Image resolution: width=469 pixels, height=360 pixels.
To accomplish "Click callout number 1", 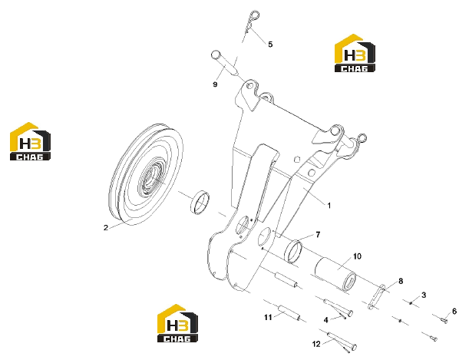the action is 329,206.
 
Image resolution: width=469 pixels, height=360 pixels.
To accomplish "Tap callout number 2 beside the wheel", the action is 106,227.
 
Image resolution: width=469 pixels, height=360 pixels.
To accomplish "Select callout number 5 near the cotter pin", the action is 270,45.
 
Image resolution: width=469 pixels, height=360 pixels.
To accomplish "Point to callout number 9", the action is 215,84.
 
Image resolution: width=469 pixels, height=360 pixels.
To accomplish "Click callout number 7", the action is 318,234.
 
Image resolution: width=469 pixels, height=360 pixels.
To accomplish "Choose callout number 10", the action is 357,256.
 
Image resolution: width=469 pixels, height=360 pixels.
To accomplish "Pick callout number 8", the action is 401,281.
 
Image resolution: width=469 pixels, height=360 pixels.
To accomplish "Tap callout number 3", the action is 424,295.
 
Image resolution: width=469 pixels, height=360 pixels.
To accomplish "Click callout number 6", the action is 454,312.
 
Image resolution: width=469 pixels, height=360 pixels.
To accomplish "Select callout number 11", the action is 268,317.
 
